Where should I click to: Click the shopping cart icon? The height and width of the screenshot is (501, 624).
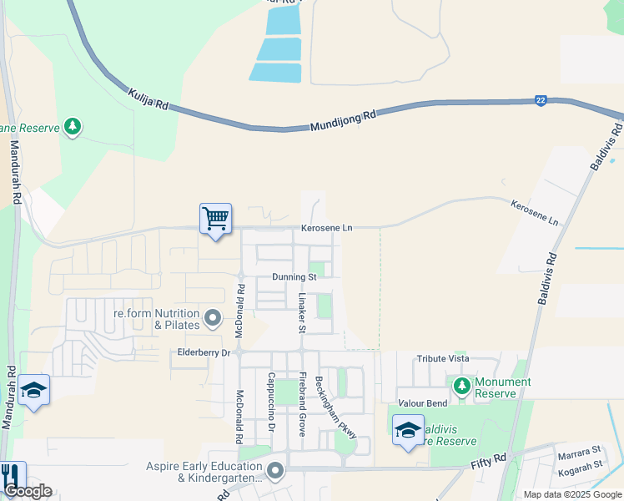215,219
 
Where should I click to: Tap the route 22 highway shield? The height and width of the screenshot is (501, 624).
541,100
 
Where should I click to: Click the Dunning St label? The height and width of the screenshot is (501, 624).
294,276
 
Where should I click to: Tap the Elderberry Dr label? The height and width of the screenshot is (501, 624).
204,352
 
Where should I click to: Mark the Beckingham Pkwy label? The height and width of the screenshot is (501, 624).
336,407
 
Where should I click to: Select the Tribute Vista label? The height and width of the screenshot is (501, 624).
443,358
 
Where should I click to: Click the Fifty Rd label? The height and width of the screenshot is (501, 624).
489,460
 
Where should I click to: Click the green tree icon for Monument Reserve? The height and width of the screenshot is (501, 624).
461,387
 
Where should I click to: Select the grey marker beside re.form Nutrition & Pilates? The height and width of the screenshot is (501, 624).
213,317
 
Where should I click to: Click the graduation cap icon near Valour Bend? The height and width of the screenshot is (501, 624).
408,429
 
